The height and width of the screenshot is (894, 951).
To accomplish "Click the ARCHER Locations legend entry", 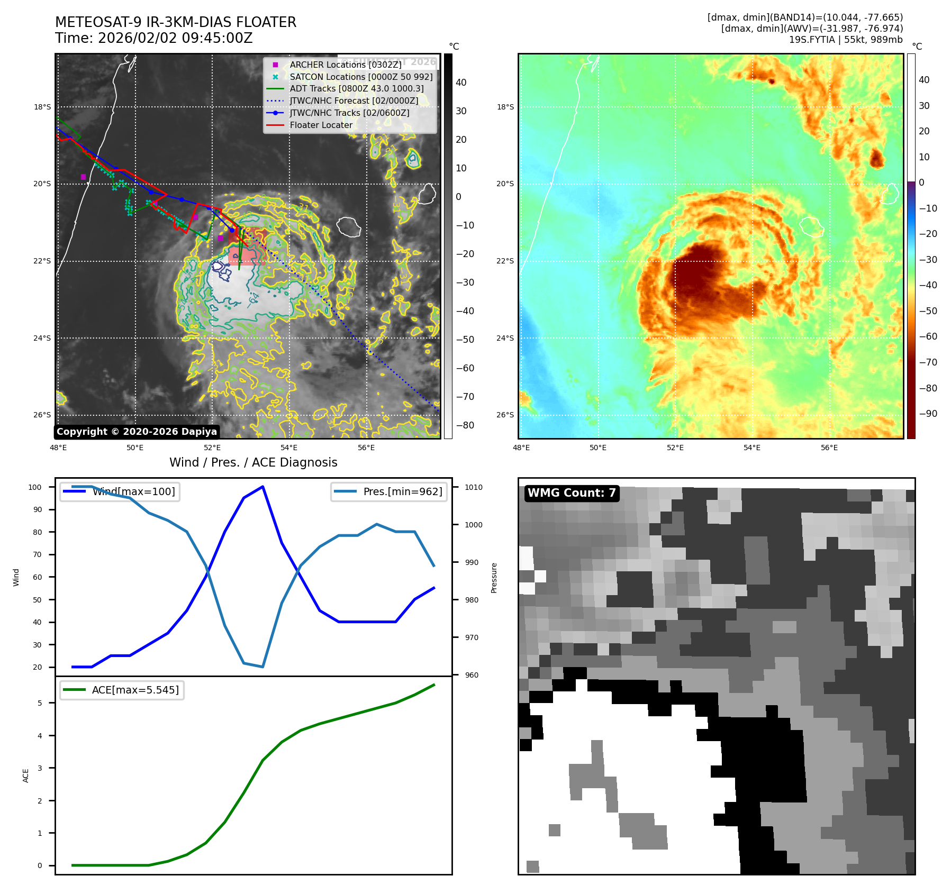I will [345, 65].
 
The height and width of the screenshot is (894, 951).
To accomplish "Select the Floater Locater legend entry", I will [321, 125].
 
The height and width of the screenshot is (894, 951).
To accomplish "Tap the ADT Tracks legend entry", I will [356, 88].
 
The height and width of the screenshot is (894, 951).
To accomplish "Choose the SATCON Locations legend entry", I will [361, 77].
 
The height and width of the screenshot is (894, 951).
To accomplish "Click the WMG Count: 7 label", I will [572, 493].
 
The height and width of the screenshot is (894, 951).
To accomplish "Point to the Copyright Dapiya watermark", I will [137, 432].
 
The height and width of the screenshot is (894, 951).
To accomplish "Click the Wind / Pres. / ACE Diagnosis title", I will [253, 462].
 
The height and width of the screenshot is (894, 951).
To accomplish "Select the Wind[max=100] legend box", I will [120, 491].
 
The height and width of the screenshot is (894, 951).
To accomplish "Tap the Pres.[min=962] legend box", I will [389, 491].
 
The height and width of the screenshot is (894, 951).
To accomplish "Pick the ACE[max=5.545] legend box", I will [122, 690].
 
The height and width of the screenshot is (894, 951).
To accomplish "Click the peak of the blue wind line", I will [263, 487].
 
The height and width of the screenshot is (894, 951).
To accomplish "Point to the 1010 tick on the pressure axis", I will [474, 487].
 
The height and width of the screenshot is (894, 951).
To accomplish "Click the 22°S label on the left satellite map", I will [42, 261].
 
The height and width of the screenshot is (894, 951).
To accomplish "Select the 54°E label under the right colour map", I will [752, 448].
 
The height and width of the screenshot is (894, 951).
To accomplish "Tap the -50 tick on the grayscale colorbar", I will [465, 340].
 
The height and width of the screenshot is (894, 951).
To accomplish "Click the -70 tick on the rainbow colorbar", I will [928, 362].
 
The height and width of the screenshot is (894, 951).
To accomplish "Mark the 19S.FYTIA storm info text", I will [846, 40].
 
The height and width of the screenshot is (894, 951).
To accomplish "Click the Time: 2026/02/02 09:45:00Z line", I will [154, 38].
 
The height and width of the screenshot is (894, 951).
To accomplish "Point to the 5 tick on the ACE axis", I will [40, 703].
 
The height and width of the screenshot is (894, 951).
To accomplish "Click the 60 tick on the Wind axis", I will [37, 577].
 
